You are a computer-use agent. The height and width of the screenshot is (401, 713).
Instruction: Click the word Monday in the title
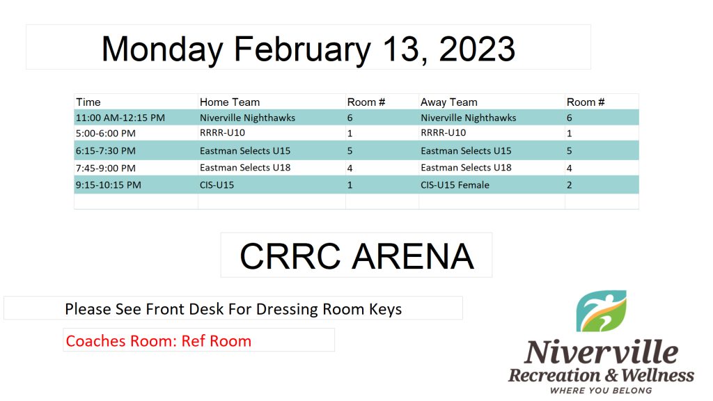[162, 49]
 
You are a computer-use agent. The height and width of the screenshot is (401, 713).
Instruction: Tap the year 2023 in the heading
[477, 49]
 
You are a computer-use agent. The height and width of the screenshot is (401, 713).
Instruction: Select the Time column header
[88, 102]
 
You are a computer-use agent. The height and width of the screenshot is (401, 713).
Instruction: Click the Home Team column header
[230, 102]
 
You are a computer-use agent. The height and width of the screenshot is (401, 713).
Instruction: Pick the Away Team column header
[449, 102]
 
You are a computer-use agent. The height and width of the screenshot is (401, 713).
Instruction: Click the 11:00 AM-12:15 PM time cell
[120, 118]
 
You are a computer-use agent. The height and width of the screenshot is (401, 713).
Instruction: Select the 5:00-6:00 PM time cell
[106, 133]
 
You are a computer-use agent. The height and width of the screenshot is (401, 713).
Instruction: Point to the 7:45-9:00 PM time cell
[106, 168]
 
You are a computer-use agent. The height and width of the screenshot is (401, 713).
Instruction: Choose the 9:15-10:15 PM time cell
[108, 185]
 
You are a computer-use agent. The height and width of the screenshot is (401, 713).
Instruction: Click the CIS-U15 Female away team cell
[455, 185]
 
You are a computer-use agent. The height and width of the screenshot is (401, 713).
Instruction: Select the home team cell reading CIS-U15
[217, 185]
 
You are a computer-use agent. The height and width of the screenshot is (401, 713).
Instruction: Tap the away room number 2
[570, 185]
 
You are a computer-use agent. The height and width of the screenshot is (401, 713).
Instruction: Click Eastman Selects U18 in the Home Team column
[245, 168]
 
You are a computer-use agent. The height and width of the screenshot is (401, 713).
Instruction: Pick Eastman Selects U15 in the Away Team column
[466, 150]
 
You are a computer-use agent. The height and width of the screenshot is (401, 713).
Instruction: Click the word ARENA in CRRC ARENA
[413, 256]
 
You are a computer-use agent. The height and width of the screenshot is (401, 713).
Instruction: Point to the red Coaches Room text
[158, 341]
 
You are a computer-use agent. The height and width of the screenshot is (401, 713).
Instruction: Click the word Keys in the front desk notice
[385, 309]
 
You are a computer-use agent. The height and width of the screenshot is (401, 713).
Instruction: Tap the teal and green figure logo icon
[601, 311]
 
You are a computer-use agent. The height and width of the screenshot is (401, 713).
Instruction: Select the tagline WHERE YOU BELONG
[601, 391]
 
